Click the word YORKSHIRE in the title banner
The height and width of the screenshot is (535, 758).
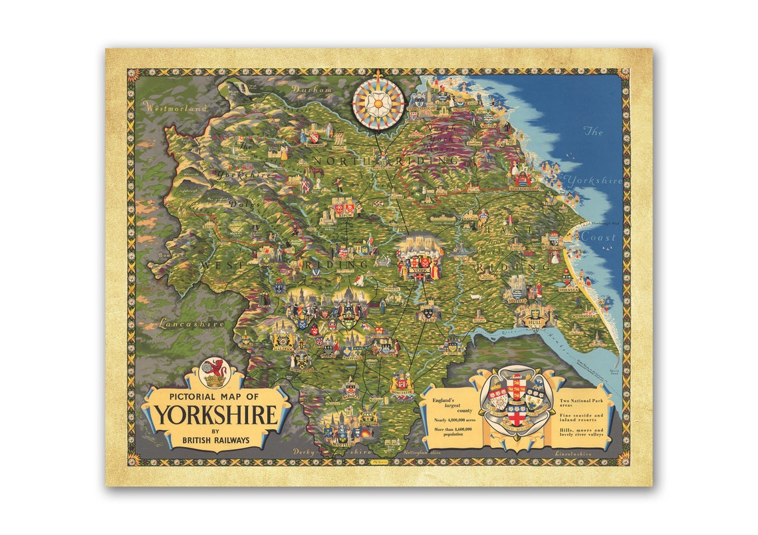pyautogui.click(x=216, y=415)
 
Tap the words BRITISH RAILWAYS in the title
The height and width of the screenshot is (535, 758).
pyautogui.click(x=216, y=440)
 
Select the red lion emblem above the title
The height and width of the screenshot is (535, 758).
pyautogui.click(x=214, y=373)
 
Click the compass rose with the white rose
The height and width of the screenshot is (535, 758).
pyautogui.click(x=378, y=103)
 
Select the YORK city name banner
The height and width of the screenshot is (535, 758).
pyautogui.click(x=419, y=271)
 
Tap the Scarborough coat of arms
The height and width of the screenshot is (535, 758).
pyautogui.click(x=523, y=178)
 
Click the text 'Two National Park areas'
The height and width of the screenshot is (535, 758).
pyautogui.click(x=582, y=405)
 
